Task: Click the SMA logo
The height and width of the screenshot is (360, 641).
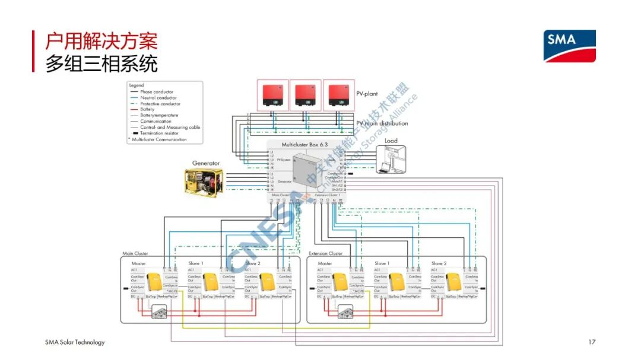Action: tap(570, 46)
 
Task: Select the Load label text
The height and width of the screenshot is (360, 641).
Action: tap(391, 141)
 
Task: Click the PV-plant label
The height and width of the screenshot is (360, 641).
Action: tap(367, 94)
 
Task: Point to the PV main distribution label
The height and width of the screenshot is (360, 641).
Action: tap(382, 123)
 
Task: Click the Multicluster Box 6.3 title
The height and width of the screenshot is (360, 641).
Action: tap(304, 144)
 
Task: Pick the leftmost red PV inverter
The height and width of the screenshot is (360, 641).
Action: tap(272, 95)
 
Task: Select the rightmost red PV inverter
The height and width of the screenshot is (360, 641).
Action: tap(339, 95)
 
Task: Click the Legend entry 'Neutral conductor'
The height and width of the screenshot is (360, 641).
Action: tap(158, 98)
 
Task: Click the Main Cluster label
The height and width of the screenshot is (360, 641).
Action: tap(135, 253)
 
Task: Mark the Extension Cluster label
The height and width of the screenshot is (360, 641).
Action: tap(325, 253)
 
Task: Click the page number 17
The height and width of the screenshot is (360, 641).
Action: tap(591, 342)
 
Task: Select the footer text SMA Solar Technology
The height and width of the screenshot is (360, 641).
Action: tap(75, 342)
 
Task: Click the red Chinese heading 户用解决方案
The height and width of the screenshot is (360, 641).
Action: tap(101, 42)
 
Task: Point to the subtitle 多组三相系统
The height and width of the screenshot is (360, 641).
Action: tap(101, 63)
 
